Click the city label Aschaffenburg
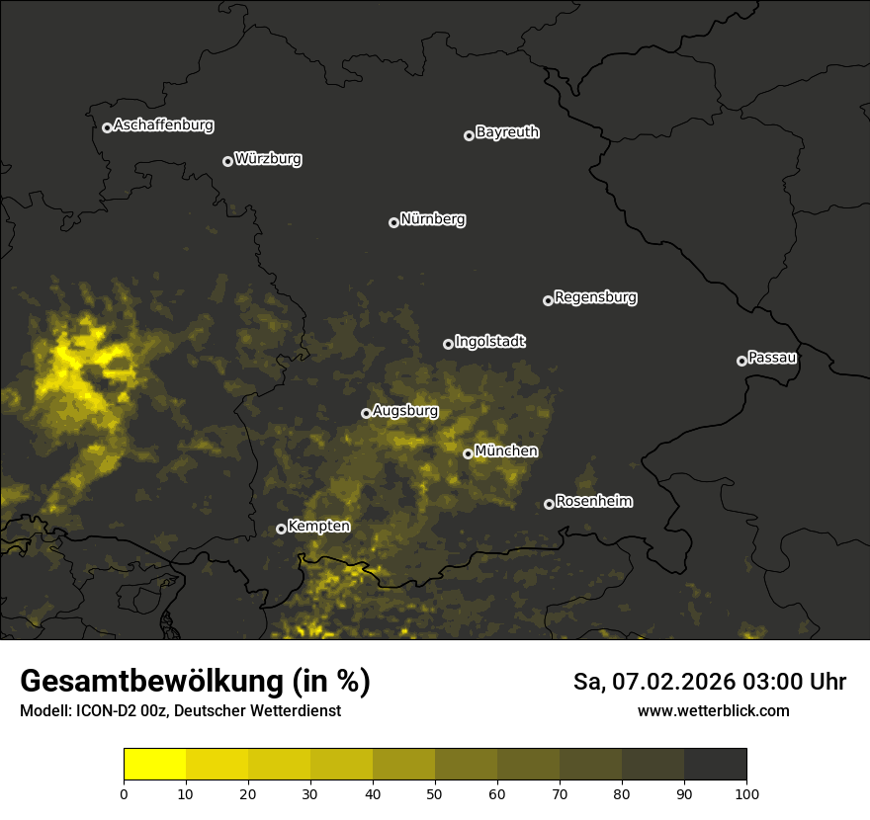click(163, 125)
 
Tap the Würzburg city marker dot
click(227, 161)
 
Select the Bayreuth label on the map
click(507, 132)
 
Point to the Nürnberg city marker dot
click(393, 222)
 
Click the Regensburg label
click(595, 297)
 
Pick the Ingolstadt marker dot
click(448, 344)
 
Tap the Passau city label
click(772, 358)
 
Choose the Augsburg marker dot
click(366, 413)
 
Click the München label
click(506, 451)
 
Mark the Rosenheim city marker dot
click(549, 504)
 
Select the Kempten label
click(318, 527)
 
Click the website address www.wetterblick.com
click(713, 710)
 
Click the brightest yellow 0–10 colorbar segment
click(155, 765)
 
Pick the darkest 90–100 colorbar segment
click(716, 765)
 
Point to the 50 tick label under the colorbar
click(435, 792)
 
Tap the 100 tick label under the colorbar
click(746, 792)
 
